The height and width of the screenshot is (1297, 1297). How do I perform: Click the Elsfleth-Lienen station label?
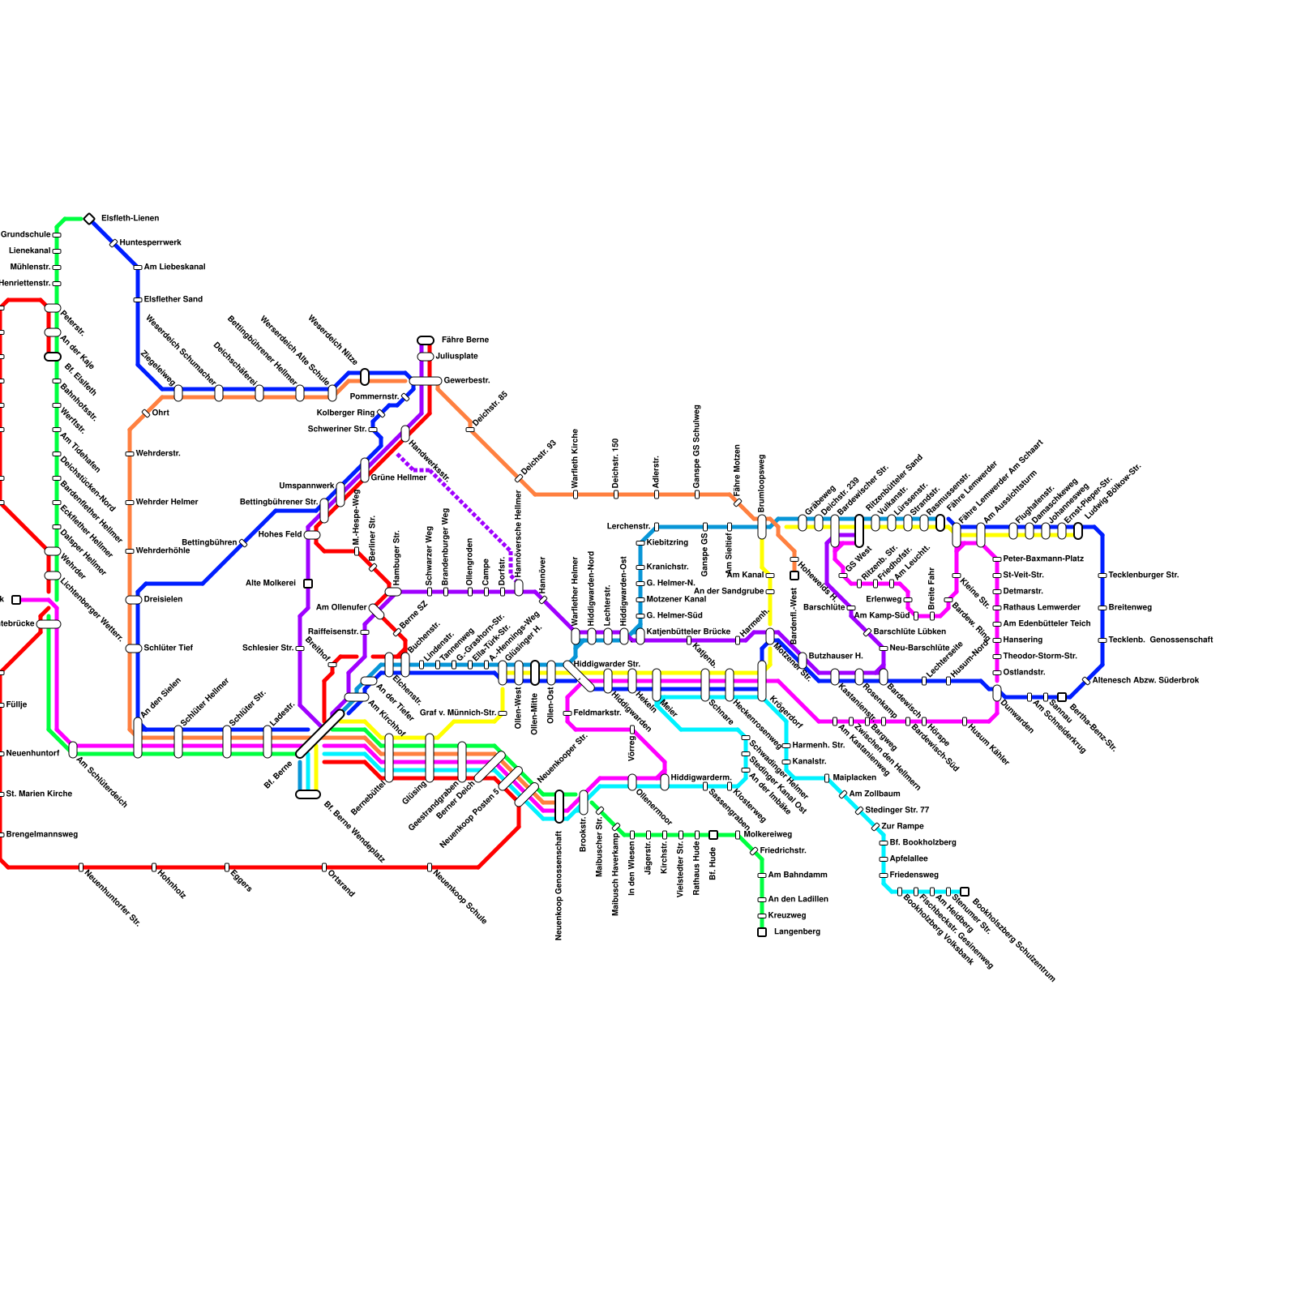pyautogui.click(x=130, y=219)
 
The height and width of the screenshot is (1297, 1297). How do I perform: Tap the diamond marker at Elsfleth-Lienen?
pyautogui.click(x=89, y=219)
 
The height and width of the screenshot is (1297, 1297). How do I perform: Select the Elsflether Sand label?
pyautogui.click(x=173, y=300)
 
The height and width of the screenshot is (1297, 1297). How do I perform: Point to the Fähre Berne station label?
pyautogui.click(x=464, y=340)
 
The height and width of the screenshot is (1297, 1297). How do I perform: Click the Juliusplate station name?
pyautogui.click(x=456, y=357)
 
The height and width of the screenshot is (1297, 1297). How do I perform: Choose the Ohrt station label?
pyautogui.click(x=161, y=413)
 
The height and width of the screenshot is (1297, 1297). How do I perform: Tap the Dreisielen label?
pyautogui.click(x=163, y=600)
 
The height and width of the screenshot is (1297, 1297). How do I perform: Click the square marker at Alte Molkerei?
pyautogui.click(x=308, y=584)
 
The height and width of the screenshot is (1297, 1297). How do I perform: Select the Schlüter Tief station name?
pyautogui.click(x=168, y=648)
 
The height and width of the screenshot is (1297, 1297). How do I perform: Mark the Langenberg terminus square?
pyautogui.click(x=762, y=932)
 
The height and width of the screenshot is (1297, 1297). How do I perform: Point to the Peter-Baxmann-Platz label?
pyautogui.click(x=1043, y=559)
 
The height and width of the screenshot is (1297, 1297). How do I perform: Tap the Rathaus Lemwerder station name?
pyautogui.click(x=1042, y=608)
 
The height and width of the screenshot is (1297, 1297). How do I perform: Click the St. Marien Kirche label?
pyautogui.click(x=39, y=794)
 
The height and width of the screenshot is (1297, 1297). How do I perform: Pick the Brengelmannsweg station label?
pyautogui.click(x=42, y=835)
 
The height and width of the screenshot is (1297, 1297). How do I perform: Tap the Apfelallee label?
pyautogui.click(x=909, y=859)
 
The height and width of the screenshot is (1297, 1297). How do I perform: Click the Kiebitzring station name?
pyautogui.click(x=667, y=543)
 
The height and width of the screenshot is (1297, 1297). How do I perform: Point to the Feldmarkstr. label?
pyautogui.click(x=597, y=713)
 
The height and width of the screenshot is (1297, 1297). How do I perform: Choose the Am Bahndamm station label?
pyautogui.click(x=798, y=875)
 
